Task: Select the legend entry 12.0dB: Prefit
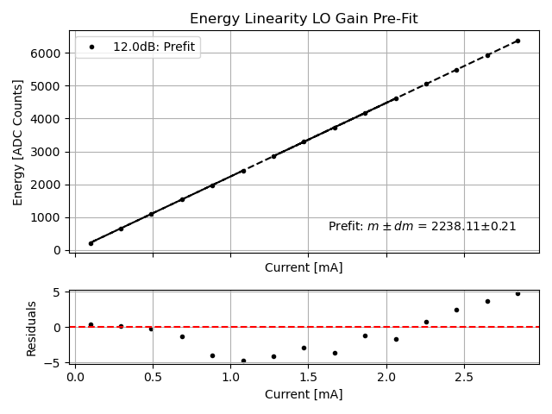[x=156, y=47]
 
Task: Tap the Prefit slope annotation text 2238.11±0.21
[x=422, y=226]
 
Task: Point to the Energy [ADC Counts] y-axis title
[x=18, y=142]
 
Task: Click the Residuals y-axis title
[x=32, y=328]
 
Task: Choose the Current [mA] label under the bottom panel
[x=304, y=394]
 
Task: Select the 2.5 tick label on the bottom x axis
[x=464, y=377]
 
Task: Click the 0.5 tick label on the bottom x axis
[x=153, y=377]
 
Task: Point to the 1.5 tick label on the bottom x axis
[x=308, y=377]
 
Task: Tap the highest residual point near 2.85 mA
[x=517, y=293]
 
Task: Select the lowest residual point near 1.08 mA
[x=243, y=361]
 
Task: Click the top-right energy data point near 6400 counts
[x=517, y=41]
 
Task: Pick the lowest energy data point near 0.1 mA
[x=91, y=243]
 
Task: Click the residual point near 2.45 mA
[x=456, y=310]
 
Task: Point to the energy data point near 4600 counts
[x=396, y=98]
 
